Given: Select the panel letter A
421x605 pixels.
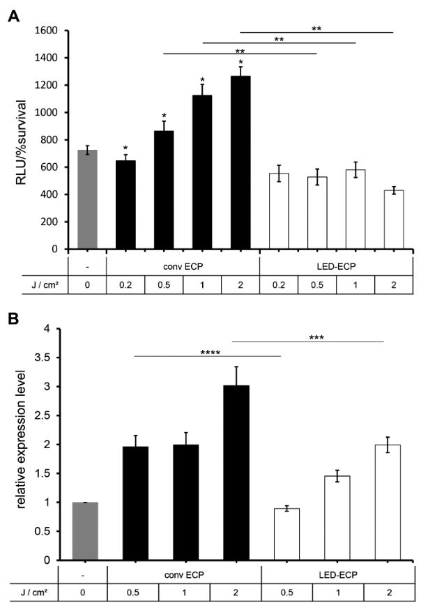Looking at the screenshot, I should [12, 16].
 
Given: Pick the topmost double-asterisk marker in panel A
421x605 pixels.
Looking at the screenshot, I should [317, 29].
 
